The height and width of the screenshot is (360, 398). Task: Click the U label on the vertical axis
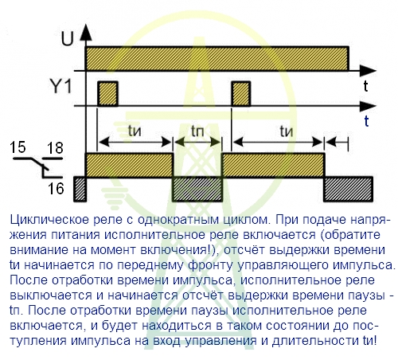pyautogui.click(x=68, y=39)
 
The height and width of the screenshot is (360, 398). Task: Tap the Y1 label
pyautogui.click(x=61, y=86)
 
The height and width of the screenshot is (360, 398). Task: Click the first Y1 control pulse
pyautogui.click(x=107, y=94)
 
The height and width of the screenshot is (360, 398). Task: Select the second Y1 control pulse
pyautogui.click(x=241, y=94)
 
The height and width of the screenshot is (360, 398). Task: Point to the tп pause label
pyautogui.click(x=197, y=131)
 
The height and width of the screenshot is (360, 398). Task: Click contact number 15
pyautogui.click(x=18, y=147)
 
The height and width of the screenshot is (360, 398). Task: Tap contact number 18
pyautogui.click(x=55, y=148)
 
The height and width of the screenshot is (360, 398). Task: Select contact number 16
pyautogui.click(x=56, y=189)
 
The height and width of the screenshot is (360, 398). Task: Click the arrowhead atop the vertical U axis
pyautogui.click(x=86, y=32)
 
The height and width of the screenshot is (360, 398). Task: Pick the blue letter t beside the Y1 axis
pyautogui.click(x=366, y=121)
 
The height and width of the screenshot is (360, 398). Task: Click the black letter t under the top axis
pyautogui.click(x=366, y=86)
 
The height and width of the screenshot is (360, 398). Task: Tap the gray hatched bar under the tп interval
pyautogui.click(x=197, y=189)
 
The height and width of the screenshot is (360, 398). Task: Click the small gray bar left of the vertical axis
pyautogui.click(x=80, y=189)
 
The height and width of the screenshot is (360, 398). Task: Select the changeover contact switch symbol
pyautogui.click(x=38, y=166)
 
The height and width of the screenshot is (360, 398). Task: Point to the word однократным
pyautogui.click(x=178, y=220)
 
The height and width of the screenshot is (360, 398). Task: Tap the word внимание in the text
pyautogui.click(x=39, y=250)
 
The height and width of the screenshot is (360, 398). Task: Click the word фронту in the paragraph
pyautogui.click(x=210, y=266)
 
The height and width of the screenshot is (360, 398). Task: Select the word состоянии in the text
pyautogui.click(x=297, y=326)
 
